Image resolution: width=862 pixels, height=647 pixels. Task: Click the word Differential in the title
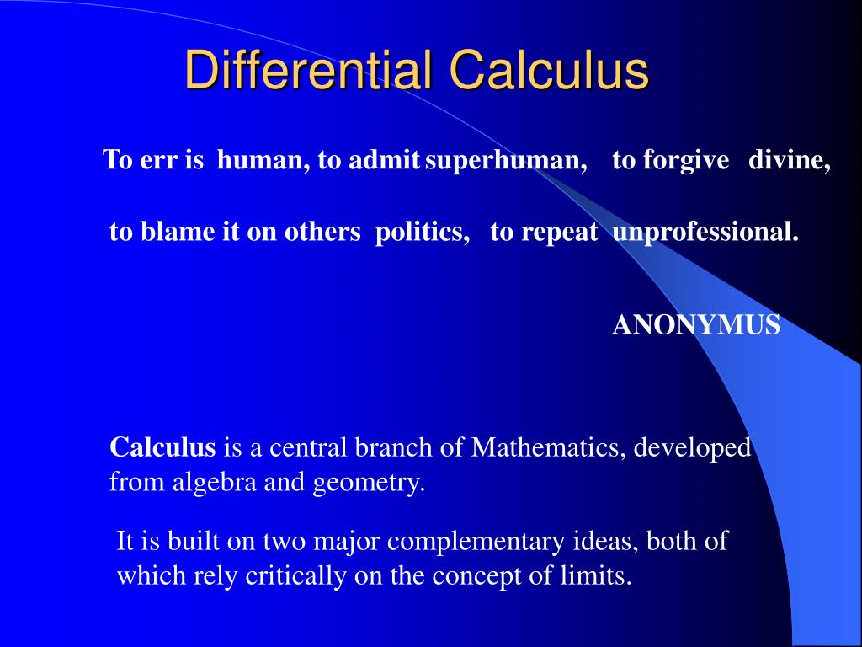(307, 70)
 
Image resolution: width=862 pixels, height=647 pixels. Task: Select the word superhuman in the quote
(505, 160)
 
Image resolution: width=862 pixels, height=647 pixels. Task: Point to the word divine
(789, 160)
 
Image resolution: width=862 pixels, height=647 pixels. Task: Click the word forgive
(685, 160)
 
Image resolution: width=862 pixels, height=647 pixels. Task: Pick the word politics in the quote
(422, 233)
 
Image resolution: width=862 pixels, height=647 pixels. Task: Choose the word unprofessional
(705, 233)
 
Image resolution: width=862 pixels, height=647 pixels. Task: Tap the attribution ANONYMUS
(696, 325)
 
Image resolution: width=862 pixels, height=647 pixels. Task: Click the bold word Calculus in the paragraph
(163, 447)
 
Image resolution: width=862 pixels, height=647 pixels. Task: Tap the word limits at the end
(598, 576)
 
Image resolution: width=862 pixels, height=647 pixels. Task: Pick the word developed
(692, 447)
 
